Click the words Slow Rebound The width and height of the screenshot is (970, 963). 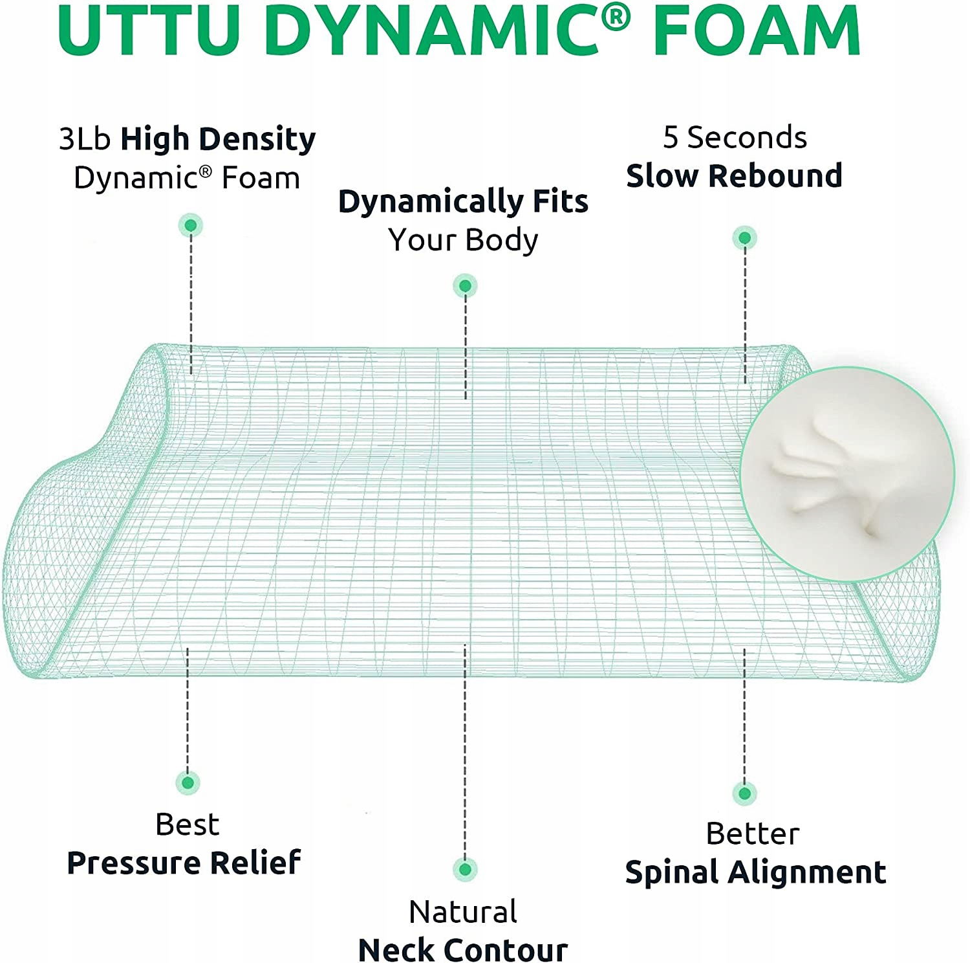coord(734,175)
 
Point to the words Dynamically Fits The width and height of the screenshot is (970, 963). coord(463,201)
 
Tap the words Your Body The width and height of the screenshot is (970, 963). coord(463,240)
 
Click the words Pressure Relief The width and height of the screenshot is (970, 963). coord(184,863)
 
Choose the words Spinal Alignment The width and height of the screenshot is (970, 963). coord(755,872)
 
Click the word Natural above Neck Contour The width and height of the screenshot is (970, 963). coord(463,912)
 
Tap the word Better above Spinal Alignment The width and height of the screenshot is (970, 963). coord(753,834)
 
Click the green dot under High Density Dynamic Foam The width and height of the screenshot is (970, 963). coord(191,225)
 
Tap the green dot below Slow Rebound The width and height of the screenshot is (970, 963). coord(745,238)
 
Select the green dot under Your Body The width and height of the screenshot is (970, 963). coord(465,285)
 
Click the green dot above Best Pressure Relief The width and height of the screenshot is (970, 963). coord(188,783)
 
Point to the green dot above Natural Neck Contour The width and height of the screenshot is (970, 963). coord(465,869)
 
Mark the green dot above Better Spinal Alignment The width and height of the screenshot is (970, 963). coord(745,793)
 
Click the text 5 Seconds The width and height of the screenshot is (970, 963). coord(735,137)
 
